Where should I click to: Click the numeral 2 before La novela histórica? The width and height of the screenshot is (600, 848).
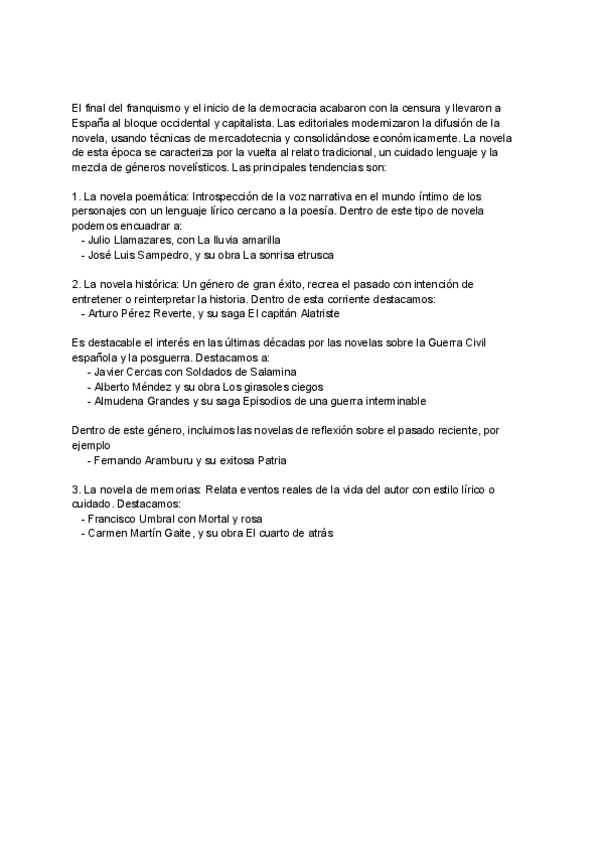(75, 284)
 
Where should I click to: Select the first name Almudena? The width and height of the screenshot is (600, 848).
(119, 401)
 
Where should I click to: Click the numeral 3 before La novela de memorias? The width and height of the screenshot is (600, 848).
(75, 490)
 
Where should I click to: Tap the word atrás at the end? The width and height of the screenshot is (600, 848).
(318, 534)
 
